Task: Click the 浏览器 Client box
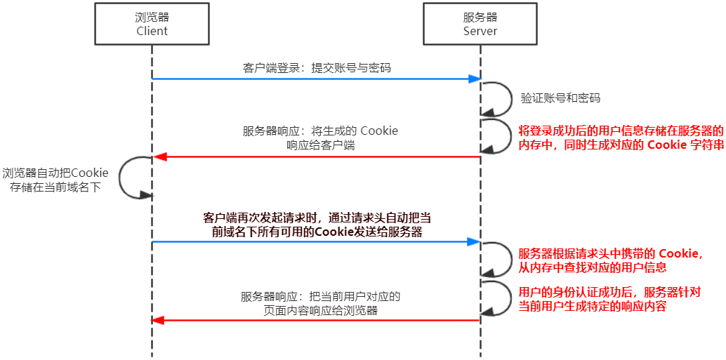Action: click(152, 25)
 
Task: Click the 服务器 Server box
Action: click(480, 25)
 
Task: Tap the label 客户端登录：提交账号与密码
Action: click(316, 68)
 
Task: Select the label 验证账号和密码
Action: click(560, 98)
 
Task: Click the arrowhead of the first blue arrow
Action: click(475, 79)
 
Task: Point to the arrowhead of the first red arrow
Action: click(158, 156)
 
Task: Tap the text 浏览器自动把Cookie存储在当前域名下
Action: click(55, 180)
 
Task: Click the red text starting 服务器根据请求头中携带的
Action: click(611, 260)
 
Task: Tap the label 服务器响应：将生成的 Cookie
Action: click(320, 138)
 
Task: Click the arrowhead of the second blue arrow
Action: click(475, 242)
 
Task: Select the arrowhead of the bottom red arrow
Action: click(158, 320)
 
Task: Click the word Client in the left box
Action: click(152, 31)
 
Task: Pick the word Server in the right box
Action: click(480, 31)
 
